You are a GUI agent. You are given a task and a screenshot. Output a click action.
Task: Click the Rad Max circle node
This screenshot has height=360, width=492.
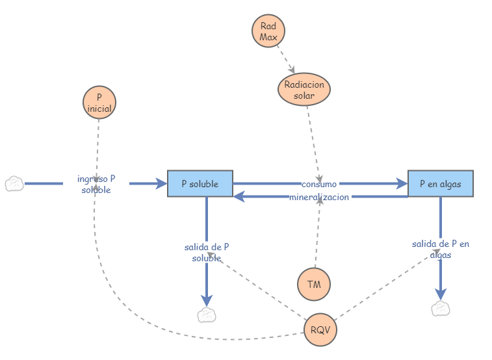coord(268,32)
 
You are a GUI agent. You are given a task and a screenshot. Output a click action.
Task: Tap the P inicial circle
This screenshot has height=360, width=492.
coord(99,103)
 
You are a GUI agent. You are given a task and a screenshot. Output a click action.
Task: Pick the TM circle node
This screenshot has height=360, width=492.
coord(314,284)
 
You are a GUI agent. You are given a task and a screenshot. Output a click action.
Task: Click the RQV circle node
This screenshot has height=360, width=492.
coord(320,329)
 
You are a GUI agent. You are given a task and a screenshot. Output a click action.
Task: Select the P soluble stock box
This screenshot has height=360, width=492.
coord(200,184)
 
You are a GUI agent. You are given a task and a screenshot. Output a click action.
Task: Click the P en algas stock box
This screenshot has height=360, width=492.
coord(441,184)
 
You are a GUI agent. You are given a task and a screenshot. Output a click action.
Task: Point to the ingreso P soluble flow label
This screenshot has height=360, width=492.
coord(96,184)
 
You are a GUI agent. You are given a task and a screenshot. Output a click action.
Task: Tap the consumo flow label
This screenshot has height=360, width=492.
coord(319,185)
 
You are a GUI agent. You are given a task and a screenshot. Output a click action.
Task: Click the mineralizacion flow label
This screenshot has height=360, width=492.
coord(319,197)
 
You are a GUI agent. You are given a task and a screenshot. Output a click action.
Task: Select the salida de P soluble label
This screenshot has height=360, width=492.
coord(207,252)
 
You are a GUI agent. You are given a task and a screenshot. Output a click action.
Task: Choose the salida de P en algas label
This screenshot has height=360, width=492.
coord(441,249)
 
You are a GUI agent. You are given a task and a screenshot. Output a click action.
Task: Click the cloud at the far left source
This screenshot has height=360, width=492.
coord(14,184)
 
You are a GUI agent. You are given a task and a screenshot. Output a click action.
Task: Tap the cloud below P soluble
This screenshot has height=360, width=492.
coord(207,315)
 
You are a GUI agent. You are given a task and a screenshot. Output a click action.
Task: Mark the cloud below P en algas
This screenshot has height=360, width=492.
coord(441,308)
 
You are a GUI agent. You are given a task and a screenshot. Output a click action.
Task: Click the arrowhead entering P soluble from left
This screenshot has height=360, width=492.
coord(162,184)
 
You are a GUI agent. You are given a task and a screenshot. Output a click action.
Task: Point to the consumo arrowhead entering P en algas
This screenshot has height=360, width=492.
coord(402,184)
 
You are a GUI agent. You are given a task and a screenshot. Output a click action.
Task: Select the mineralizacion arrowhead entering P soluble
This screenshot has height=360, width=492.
coord(239,196)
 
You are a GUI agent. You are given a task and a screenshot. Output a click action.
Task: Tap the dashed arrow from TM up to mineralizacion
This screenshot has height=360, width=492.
coord(317,234)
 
